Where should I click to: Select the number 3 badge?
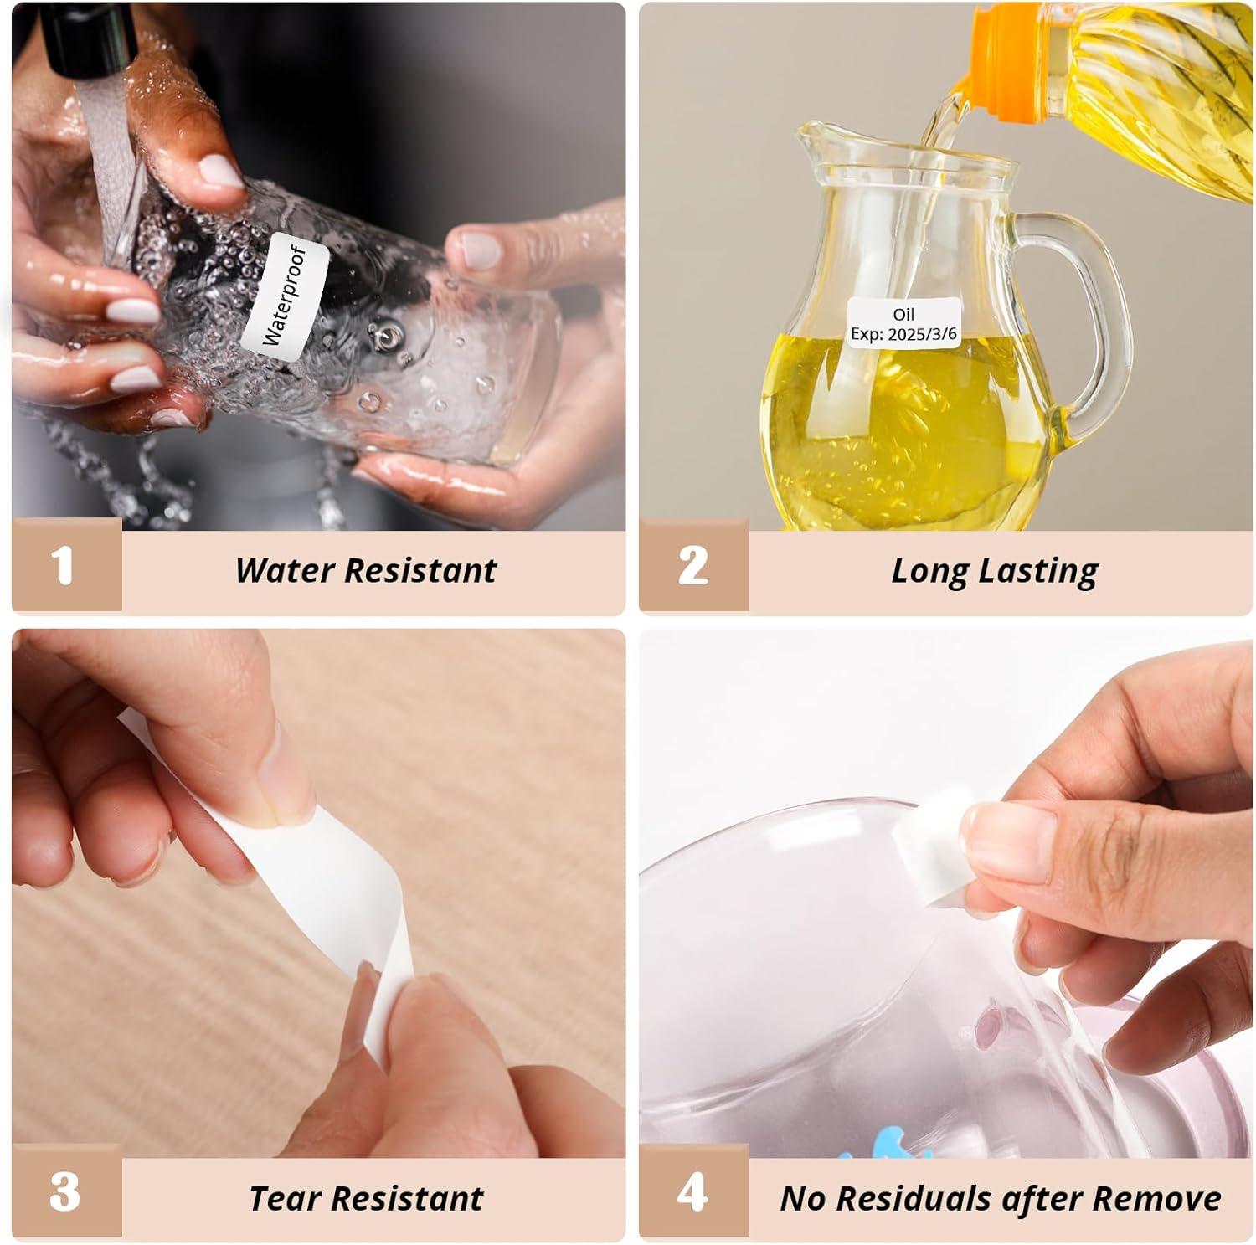66,1192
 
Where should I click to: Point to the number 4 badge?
693,1192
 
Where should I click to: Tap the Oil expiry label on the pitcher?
903,323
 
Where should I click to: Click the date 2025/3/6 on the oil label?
923,334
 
